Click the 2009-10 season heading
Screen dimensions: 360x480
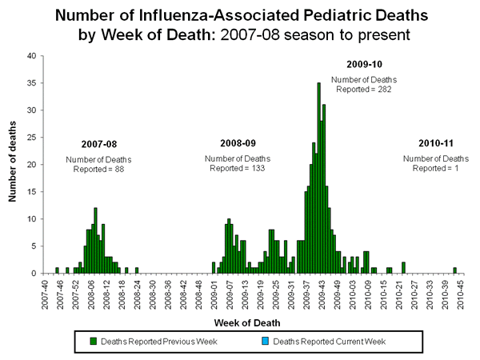pos(364,63)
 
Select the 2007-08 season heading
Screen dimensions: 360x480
pos(98,144)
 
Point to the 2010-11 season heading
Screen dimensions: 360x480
pos(435,142)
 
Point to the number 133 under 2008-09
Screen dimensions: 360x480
pos(254,168)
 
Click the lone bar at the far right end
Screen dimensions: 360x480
pos(454,270)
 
